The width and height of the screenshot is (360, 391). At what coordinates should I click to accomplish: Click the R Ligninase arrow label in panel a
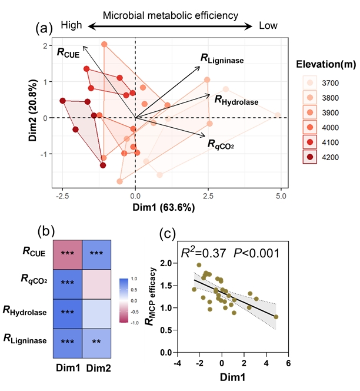[x=222, y=58]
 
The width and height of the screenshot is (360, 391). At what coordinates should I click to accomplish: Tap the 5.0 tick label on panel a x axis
[x=281, y=195]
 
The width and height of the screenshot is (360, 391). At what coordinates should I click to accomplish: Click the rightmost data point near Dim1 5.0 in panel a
[x=278, y=115]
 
